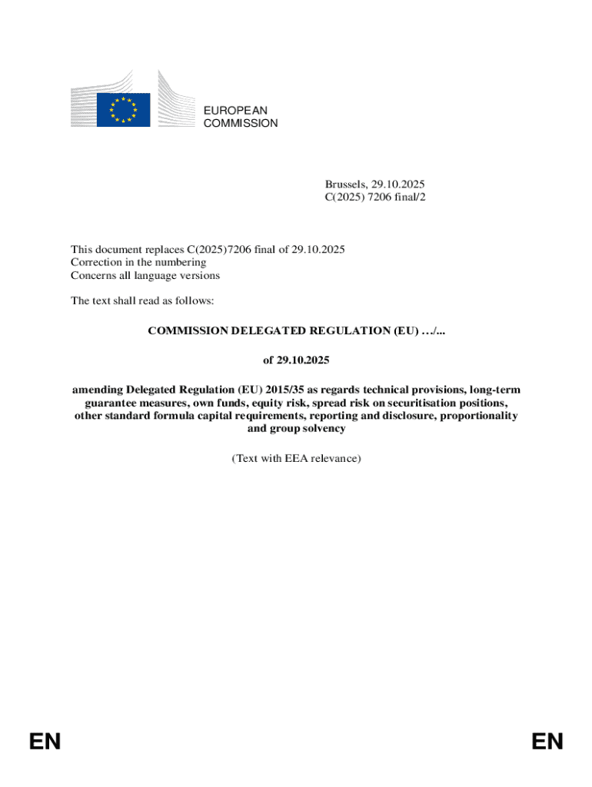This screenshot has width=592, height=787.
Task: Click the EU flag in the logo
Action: pos(123,109)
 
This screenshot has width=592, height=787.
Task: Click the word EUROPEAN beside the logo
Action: pos(235,111)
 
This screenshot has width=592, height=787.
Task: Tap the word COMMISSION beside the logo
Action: pos(241,123)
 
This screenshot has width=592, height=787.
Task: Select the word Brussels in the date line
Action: pos(345,184)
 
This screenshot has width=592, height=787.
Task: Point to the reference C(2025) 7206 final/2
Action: pos(374,198)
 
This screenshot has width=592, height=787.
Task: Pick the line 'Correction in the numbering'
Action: pos(138,262)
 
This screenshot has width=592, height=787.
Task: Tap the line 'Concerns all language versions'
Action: pos(145,275)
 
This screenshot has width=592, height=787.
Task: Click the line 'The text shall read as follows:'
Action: pos(142,301)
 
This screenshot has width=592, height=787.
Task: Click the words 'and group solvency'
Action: pos(296,429)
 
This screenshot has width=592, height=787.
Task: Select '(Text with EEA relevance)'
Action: pos(296,458)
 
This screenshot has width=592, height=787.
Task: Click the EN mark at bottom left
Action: pos(45,741)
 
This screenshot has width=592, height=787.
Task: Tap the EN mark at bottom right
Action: pos(547,741)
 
